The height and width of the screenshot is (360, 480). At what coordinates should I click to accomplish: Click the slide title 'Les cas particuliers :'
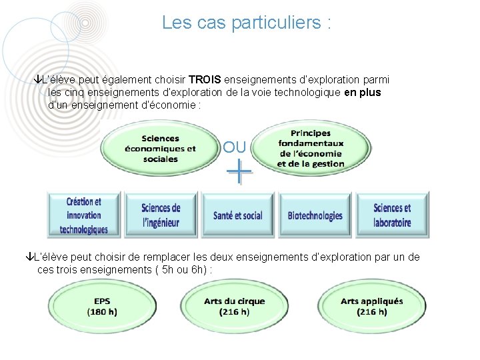[x=246, y=23]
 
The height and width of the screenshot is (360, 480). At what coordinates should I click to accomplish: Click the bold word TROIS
[x=209, y=80]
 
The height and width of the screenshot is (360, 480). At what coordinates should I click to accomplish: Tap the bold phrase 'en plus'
[x=362, y=93]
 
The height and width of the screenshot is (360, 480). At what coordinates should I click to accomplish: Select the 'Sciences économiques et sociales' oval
[x=160, y=149]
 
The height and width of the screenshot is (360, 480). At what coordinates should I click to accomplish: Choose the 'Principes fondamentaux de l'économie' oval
[x=311, y=149]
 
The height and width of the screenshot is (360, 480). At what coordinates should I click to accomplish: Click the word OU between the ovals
[x=235, y=147]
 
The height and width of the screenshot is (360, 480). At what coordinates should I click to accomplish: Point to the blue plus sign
[x=239, y=173]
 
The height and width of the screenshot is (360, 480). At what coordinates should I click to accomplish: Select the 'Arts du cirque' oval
[x=235, y=307]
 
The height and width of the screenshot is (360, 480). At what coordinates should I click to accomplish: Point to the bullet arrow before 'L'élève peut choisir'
[x=27, y=257]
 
